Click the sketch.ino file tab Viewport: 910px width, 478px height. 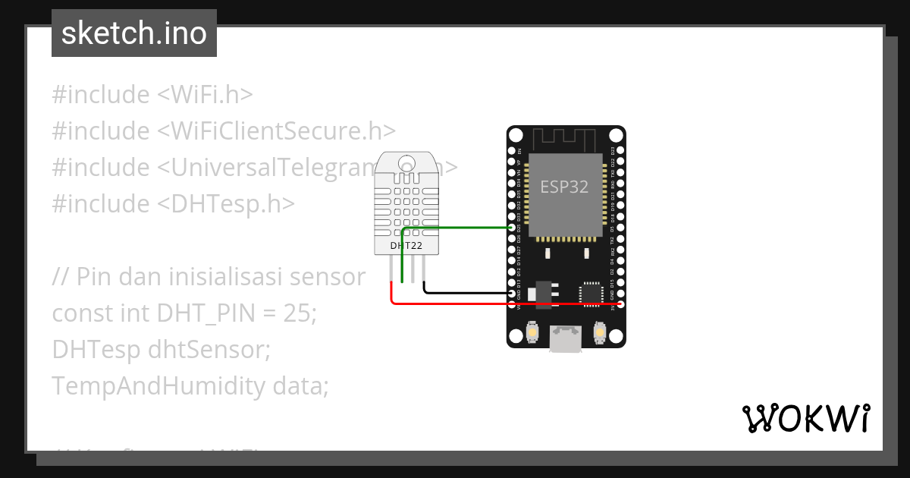(x=134, y=33)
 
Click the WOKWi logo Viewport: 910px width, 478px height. (x=805, y=418)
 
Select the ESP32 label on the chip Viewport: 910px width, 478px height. (x=563, y=187)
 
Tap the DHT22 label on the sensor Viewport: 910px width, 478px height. (x=406, y=246)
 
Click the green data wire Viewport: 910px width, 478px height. (x=455, y=227)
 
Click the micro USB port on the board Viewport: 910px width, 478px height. (x=566, y=338)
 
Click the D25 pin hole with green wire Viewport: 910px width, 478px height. (x=511, y=227)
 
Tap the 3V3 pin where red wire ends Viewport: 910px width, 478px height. (x=620, y=304)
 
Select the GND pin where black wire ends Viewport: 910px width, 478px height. (x=511, y=293)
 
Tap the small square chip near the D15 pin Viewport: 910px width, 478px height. (x=591, y=293)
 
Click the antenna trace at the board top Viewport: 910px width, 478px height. (x=565, y=140)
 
